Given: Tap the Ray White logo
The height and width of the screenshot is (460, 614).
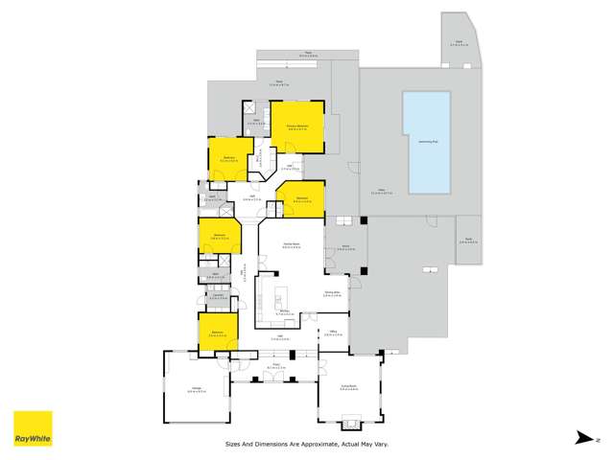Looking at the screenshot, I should pos(33,428).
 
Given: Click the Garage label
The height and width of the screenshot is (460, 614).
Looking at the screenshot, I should pos(193,388).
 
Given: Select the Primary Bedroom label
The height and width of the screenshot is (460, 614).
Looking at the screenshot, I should pos(296,126).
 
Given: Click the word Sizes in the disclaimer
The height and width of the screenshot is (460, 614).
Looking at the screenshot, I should pos(233,444).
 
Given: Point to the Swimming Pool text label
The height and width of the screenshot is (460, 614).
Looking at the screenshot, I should pos(428,140).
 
